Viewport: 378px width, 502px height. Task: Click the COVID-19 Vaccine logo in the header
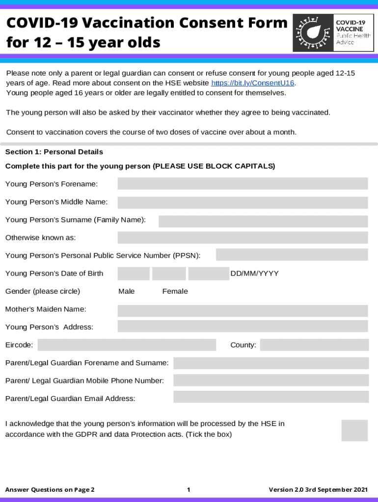tap(333, 33)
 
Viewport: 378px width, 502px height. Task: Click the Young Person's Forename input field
tap(243, 183)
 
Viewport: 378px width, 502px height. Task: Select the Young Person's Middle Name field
tap(243, 202)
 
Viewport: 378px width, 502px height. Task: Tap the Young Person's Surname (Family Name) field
tap(263, 221)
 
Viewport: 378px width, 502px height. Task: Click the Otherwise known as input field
tap(243, 238)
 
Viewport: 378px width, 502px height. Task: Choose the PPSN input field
tap(292, 255)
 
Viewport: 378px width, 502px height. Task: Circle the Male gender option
tap(127, 291)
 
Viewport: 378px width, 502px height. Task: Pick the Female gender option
tap(175, 291)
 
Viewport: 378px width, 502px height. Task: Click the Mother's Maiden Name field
tap(243, 311)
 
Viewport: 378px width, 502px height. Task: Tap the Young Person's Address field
tap(243, 326)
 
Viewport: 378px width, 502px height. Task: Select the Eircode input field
tap(127, 345)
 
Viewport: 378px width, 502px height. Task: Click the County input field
tap(314, 345)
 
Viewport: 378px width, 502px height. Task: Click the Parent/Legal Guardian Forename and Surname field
tap(270, 363)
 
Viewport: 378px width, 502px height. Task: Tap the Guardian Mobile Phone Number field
tap(270, 380)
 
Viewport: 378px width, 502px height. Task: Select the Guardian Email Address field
tap(270, 397)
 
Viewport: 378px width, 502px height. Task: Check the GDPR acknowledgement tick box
tap(354, 430)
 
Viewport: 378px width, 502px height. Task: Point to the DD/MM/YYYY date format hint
tap(254, 274)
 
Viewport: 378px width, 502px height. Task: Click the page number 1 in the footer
tap(189, 490)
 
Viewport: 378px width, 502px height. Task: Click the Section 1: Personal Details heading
tap(54, 152)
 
